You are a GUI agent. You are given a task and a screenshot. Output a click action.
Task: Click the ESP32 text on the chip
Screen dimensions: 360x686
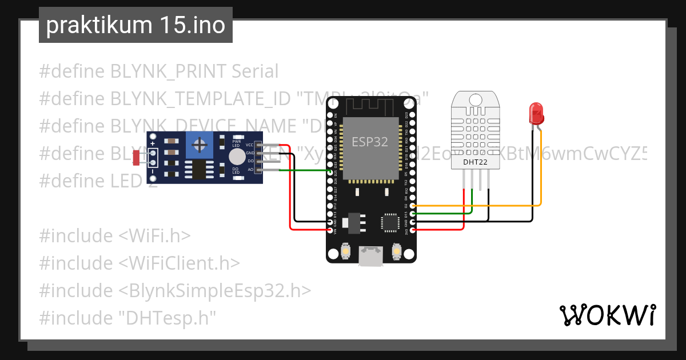point(369,142)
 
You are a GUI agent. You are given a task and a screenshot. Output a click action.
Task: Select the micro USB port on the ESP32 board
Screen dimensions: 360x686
point(371,255)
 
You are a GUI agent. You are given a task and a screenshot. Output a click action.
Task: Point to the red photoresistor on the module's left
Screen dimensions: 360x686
point(137,157)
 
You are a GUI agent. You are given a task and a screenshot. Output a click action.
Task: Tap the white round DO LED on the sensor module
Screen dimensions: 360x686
point(236,157)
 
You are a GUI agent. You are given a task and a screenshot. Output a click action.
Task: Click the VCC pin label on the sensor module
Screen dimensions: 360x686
point(249,145)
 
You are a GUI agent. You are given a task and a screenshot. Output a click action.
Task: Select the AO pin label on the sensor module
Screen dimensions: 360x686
point(250,170)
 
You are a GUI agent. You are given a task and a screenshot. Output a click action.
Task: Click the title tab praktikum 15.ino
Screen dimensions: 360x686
point(135,26)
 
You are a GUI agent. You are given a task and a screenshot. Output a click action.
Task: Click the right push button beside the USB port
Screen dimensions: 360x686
point(397,250)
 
